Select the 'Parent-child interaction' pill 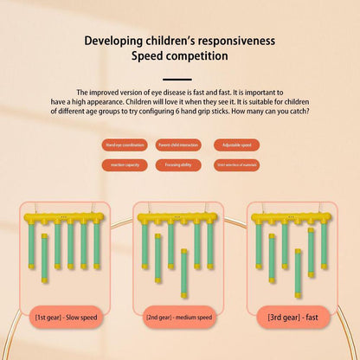coord(179,145)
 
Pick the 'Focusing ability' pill coord(179,164)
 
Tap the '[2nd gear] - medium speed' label coord(179,317)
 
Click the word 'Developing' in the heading coord(114,40)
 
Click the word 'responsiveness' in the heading coord(235,40)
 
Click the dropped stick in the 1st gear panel coord(45,258)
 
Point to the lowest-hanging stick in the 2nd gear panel coord(183,273)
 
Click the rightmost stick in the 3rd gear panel coord(325,245)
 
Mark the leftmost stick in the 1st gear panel coord(32,245)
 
